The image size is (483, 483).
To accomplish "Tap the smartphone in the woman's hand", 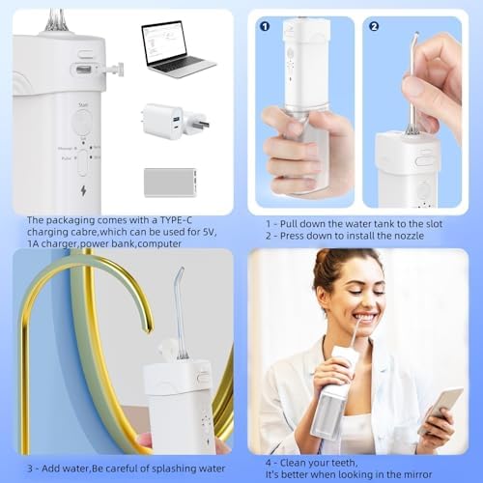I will [x=439, y=409].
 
